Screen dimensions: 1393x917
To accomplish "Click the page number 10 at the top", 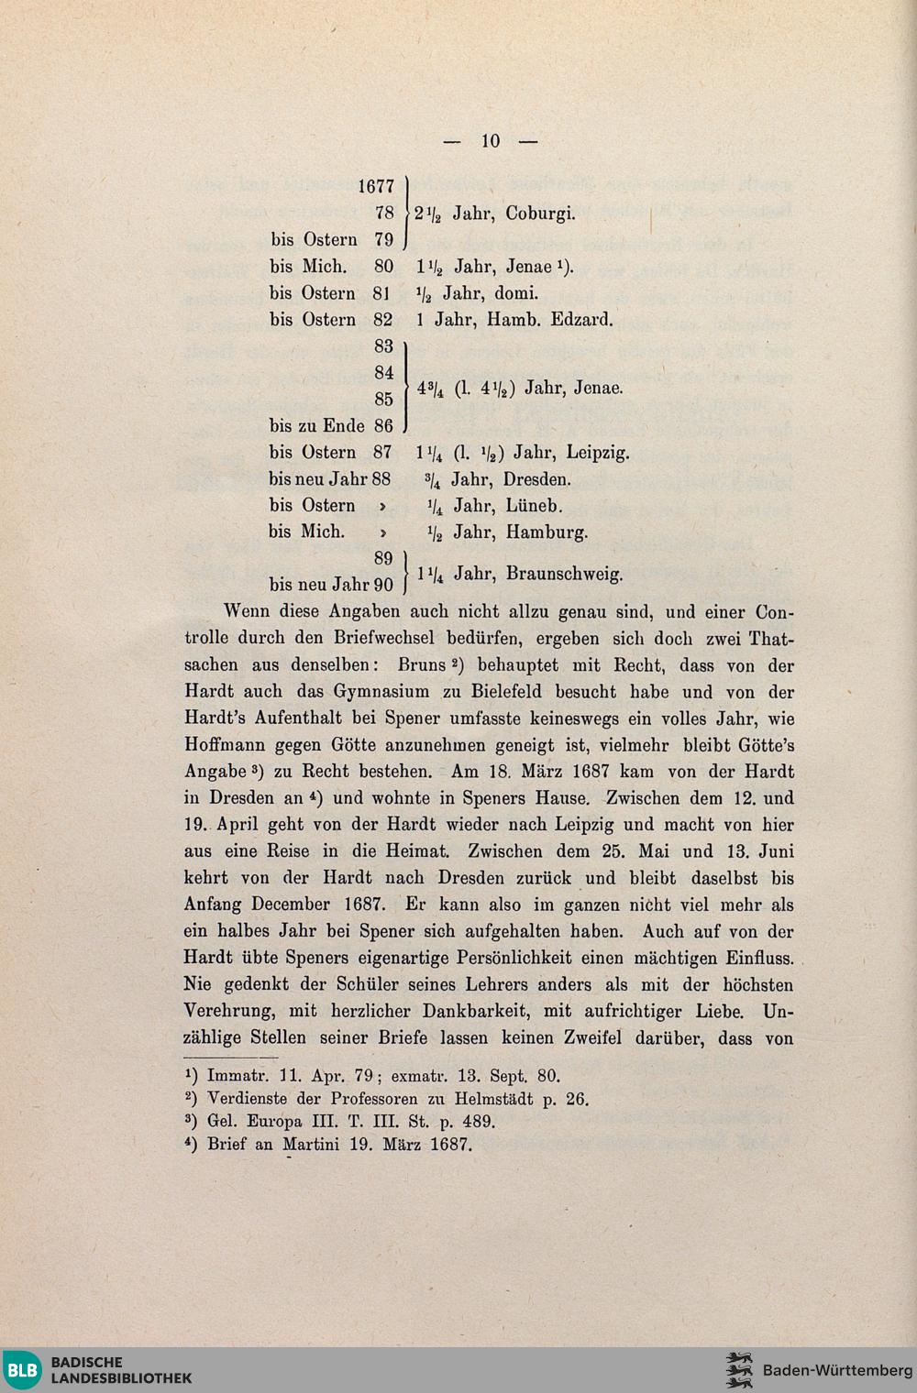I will (491, 140).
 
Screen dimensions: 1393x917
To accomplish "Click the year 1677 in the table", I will (376, 187).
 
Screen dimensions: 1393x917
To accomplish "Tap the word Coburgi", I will (540, 214).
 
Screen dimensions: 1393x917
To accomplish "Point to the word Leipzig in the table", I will (598, 453).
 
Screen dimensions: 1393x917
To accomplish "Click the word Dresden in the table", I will (536, 479).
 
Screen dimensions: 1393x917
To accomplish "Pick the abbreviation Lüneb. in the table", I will (534, 506).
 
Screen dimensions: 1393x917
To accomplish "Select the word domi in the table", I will (515, 293).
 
